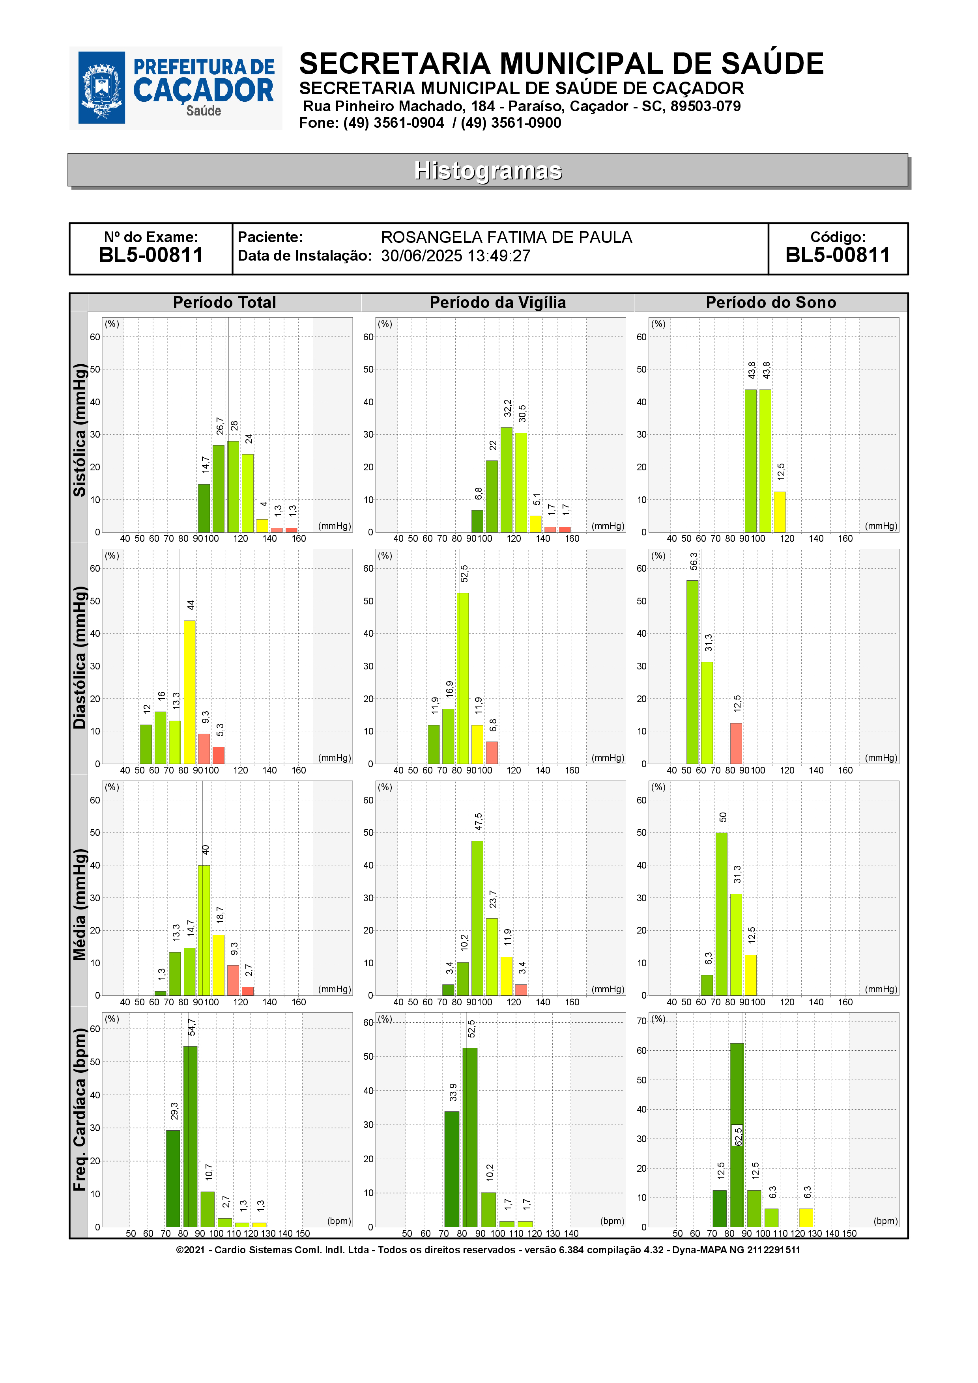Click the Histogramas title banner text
tap(488, 170)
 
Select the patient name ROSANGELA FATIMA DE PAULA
tap(506, 237)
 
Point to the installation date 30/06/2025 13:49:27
tap(456, 256)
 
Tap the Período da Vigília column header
tap(498, 302)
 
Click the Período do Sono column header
tap(771, 302)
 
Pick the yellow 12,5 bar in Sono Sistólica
tap(780, 512)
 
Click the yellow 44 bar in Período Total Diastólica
tap(189, 692)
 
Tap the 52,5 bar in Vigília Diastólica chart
tap(463, 678)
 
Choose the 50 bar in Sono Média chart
tap(721, 914)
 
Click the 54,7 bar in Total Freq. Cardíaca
tap(191, 1137)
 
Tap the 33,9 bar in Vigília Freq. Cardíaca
tap(452, 1169)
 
